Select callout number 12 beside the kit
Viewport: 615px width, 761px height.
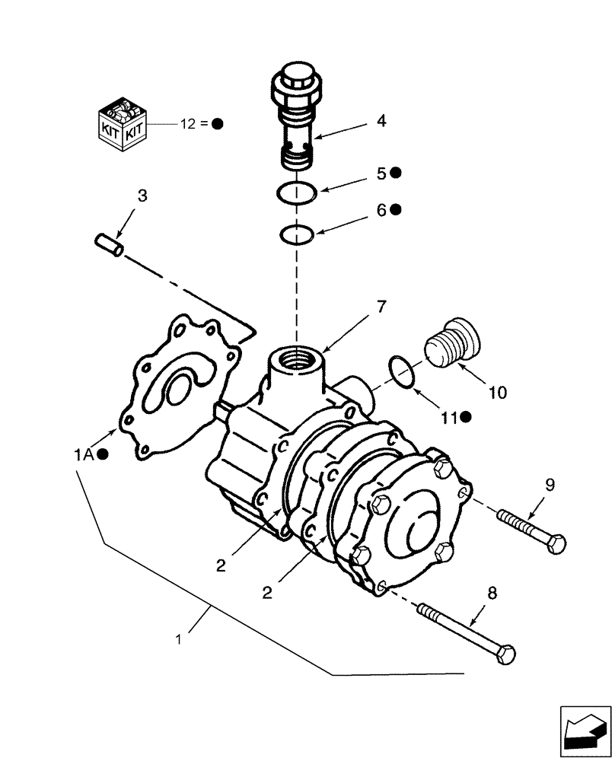187,123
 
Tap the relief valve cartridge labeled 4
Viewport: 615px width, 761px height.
298,121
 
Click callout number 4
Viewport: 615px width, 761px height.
381,120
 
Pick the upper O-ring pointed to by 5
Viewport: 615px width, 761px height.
295,193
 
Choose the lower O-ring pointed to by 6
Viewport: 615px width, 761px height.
295,234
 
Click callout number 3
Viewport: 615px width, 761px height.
142,196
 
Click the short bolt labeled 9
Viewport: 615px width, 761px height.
532,530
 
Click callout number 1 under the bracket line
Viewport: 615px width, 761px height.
180,641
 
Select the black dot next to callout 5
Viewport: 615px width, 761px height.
395,173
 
